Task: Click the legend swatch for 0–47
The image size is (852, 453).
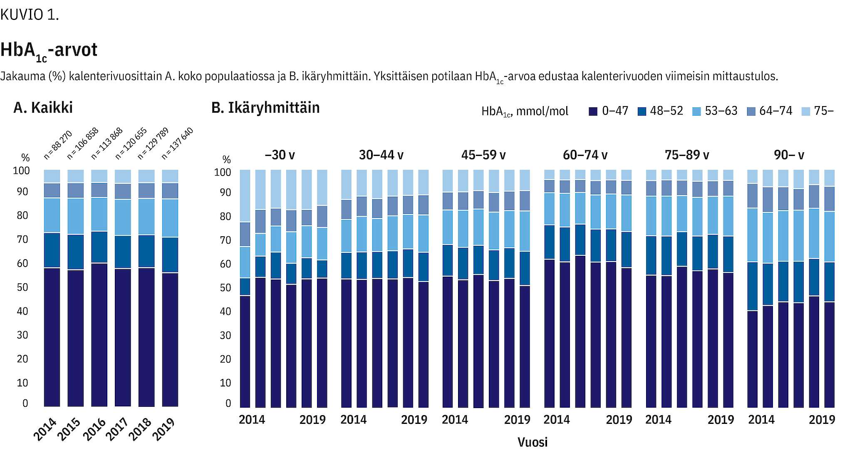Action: [x=593, y=111]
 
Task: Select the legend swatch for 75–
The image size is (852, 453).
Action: [x=805, y=111]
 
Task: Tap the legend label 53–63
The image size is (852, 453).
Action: [x=721, y=111]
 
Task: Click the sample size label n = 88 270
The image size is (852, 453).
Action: [x=58, y=145]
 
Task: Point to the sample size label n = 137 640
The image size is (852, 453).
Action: [x=177, y=144]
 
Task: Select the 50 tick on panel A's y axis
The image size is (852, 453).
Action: [x=22, y=287]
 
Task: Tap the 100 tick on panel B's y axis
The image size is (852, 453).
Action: [x=223, y=172]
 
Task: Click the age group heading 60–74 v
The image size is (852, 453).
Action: [x=585, y=155]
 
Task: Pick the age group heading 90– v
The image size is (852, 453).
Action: [x=789, y=155]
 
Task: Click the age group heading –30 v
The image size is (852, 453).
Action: [x=280, y=155]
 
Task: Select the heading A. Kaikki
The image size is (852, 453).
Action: [x=43, y=108]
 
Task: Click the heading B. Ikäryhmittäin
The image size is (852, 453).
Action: [x=265, y=108]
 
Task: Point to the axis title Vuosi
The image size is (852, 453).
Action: [x=532, y=442]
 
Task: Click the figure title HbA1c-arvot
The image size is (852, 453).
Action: [x=49, y=50]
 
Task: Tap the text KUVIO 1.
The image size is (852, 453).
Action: [x=30, y=15]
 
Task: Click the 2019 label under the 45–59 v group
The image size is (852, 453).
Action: [x=517, y=420]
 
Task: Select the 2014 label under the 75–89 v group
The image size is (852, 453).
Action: [x=658, y=420]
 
